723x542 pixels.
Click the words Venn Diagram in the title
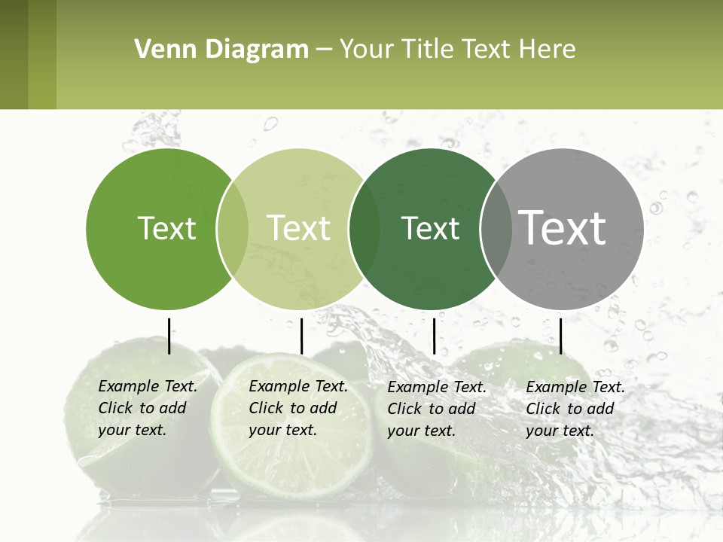click(x=221, y=50)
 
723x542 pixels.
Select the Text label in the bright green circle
click(x=166, y=228)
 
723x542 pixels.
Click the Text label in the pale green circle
click(x=298, y=228)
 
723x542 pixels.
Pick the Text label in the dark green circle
click(x=430, y=228)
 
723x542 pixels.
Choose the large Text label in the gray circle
click(x=563, y=227)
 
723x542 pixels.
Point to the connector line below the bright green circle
click(x=169, y=336)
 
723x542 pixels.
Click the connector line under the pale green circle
click(x=301, y=336)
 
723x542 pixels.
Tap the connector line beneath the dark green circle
click(x=434, y=336)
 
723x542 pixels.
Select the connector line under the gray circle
click(x=560, y=336)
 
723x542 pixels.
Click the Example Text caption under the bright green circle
click(x=148, y=408)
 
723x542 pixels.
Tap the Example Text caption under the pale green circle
click(x=298, y=408)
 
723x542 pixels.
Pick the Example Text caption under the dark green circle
click(x=437, y=409)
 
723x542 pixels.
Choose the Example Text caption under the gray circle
click(x=575, y=409)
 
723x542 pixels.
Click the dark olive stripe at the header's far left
click(x=14, y=54)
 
